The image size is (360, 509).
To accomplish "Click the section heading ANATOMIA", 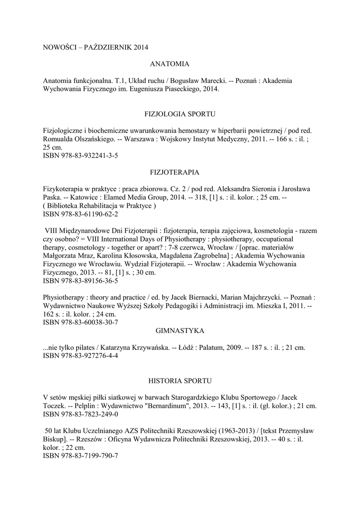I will (x=170, y=64).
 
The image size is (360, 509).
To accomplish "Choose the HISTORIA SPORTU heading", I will (x=180, y=381).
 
